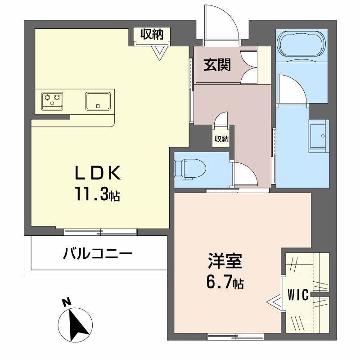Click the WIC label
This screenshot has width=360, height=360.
[x=297, y=295]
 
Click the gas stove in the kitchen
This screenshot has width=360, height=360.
[x=52, y=99]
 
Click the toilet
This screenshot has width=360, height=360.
[x=189, y=169]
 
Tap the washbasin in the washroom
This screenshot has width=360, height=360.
[x=319, y=135]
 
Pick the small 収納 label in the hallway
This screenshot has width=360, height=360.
[x=221, y=139]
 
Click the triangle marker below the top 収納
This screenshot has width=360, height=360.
[x=159, y=54]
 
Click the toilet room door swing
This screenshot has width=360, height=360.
[x=243, y=174]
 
